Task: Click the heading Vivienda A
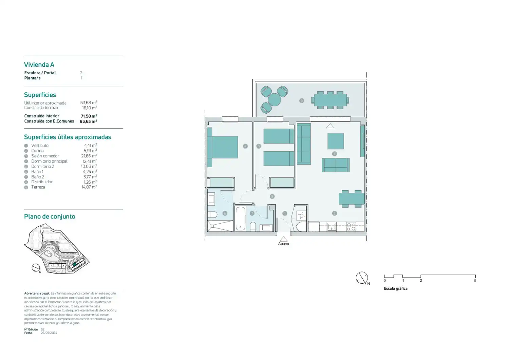pyautogui.click(x=39, y=65)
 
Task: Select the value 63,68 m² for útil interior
pyautogui.click(x=89, y=102)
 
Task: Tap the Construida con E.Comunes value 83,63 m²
pyautogui.click(x=88, y=121)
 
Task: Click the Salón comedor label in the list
pyautogui.click(x=45, y=156)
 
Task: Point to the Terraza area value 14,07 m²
pyautogui.click(x=89, y=187)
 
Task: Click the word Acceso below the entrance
pyautogui.click(x=283, y=244)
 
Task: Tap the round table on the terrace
pyautogui.click(x=274, y=100)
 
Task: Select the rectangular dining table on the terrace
pyautogui.click(x=330, y=100)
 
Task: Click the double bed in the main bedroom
pyautogui.click(x=222, y=147)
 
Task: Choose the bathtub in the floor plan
pyautogui.click(x=240, y=219)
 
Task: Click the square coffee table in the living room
pyautogui.click(x=336, y=141)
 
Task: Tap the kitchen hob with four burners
pyautogui.click(x=351, y=227)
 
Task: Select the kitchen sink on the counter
pyautogui.click(x=332, y=227)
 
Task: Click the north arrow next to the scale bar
pyautogui.click(x=362, y=278)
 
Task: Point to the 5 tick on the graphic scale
pyautogui.click(x=475, y=280)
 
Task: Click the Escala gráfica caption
pyautogui.click(x=395, y=288)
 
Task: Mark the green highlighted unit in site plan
pyautogui.click(x=75, y=264)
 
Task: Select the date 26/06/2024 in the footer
pyautogui.click(x=49, y=333)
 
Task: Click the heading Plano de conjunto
pyautogui.click(x=50, y=216)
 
